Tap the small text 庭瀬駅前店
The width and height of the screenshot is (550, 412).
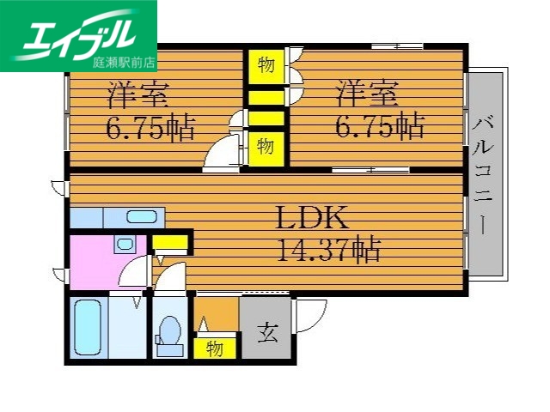(125, 62)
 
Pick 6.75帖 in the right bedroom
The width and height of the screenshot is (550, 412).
(379, 126)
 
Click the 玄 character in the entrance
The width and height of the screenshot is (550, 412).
(267, 332)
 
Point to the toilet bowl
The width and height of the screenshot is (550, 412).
(169, 331)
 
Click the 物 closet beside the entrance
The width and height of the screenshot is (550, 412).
(215, 349)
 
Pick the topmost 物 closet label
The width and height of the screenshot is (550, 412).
(266, 64)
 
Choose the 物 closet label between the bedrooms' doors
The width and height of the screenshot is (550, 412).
(266, 146)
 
